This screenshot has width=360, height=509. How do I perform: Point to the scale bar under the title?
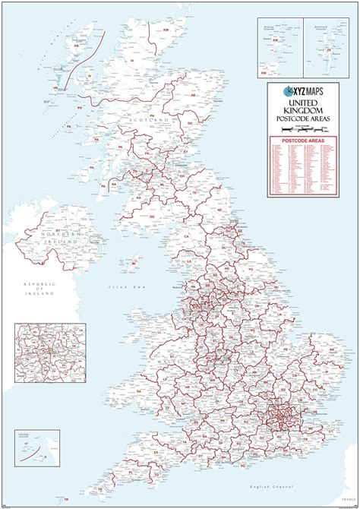[x=307, y=131]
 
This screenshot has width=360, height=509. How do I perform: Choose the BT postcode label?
[x=57, y=229]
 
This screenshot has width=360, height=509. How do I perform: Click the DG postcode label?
[x=152, y=217]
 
